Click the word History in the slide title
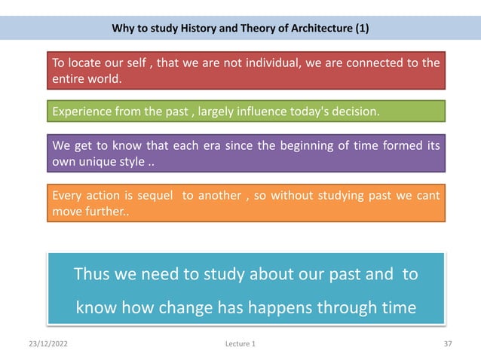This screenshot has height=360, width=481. (198, 29)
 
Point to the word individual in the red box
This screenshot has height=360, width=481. (284, 63)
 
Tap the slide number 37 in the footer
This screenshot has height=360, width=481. (447, 343)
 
